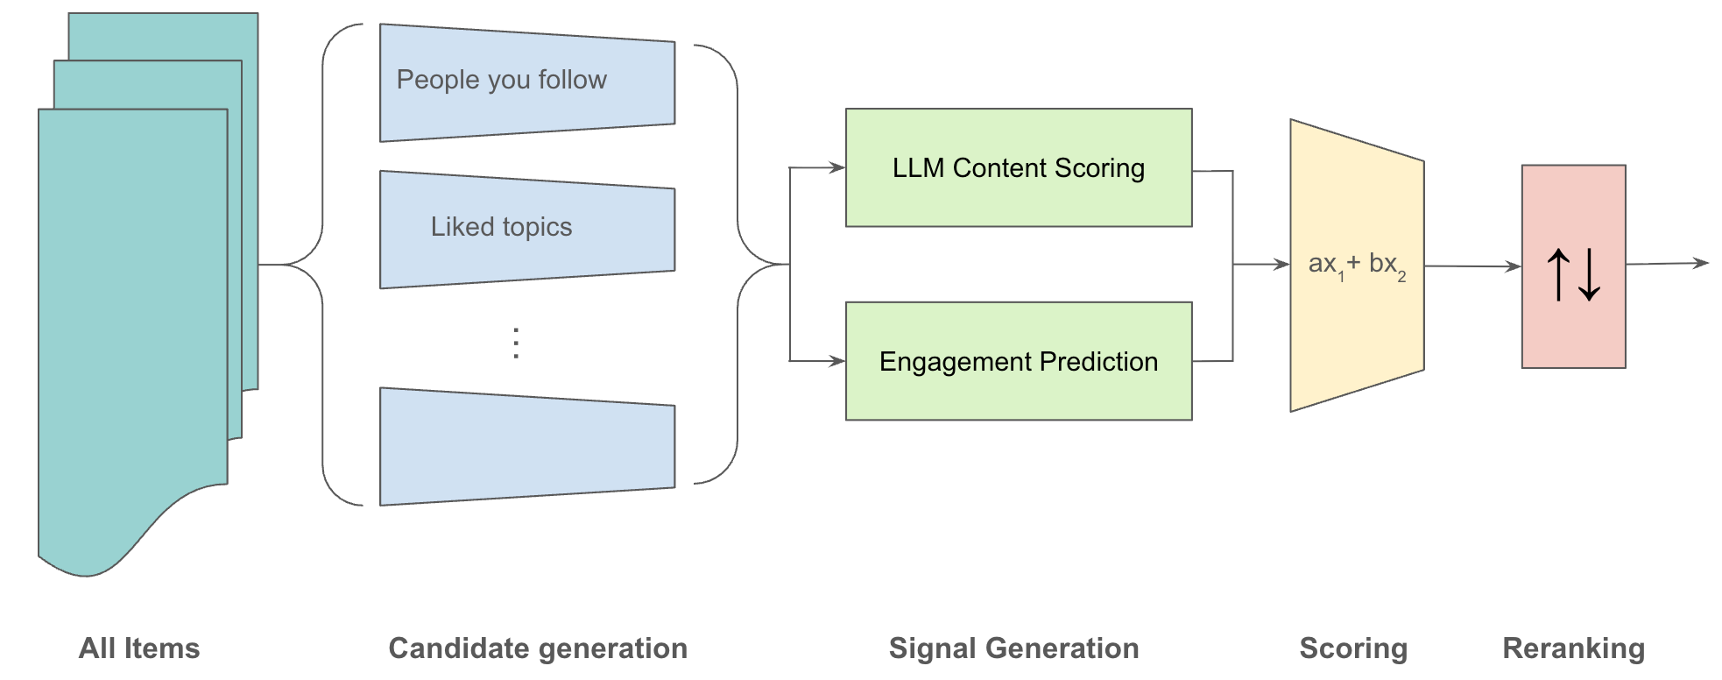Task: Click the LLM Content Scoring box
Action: (x=1018, y=168)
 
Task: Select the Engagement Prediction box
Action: (x=1018, y=361)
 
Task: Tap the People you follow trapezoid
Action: (x=526, y=82)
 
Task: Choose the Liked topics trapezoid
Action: (x=526, y=229)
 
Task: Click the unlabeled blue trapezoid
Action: (x=526, y=446)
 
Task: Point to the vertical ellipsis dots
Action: (x=517, y=343)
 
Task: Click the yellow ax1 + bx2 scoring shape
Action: (x=1356, y=265)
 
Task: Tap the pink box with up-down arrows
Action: (x=1573, y=266)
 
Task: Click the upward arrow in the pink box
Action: (x=1558, y=274)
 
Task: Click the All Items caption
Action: (x=139, y=648)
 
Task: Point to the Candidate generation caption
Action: (x=538, y=648)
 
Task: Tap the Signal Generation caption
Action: (x=1013, y=648)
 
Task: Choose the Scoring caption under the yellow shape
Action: (x=1353, y=648)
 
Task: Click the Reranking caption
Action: (x=1573, y=648)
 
